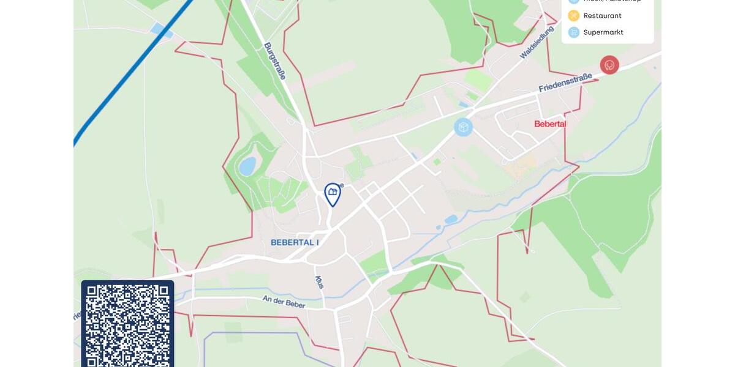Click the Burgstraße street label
(275, 61)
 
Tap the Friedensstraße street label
(565, 83)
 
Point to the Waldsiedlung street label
(532, 42)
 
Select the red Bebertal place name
(549, 124)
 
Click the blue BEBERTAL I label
(295, 242)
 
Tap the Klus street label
(319, 283)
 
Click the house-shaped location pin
(332, 193)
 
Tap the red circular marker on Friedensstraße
(609, 65)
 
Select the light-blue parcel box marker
(464, 127)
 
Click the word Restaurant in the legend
(602, 16)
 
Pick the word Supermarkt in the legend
(603, 32)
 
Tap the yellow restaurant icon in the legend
(574, 16)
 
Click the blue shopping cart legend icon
(574, 32)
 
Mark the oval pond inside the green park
(247, 166)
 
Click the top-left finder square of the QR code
(96, 295)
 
